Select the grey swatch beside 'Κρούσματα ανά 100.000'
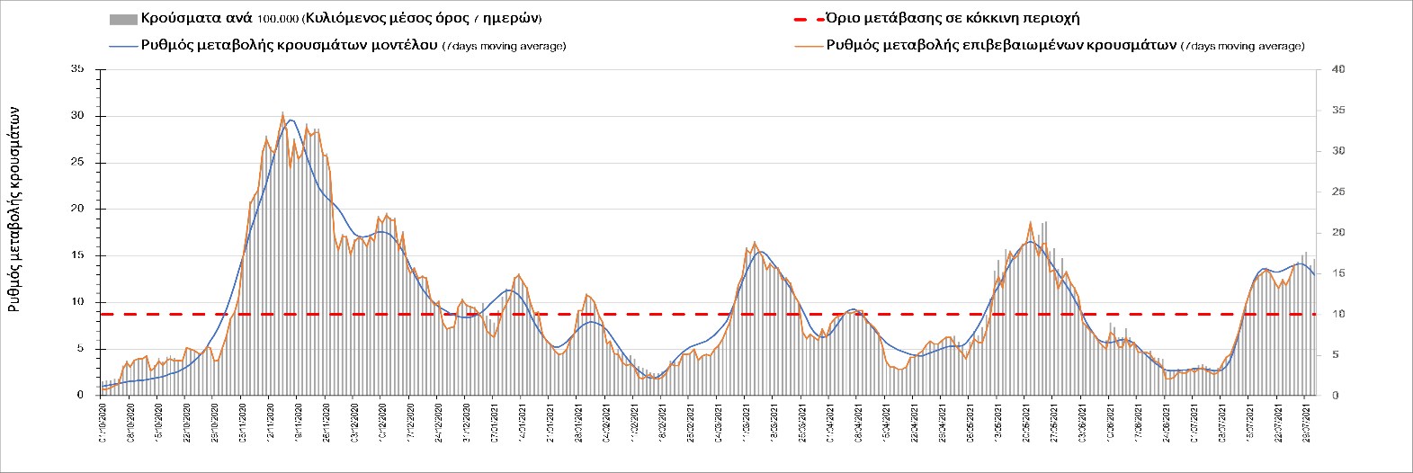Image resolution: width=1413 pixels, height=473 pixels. coord(122,18)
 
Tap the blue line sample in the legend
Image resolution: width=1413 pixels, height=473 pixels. coord(122,45)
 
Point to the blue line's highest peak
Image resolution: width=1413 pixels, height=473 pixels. coord(290,120)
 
